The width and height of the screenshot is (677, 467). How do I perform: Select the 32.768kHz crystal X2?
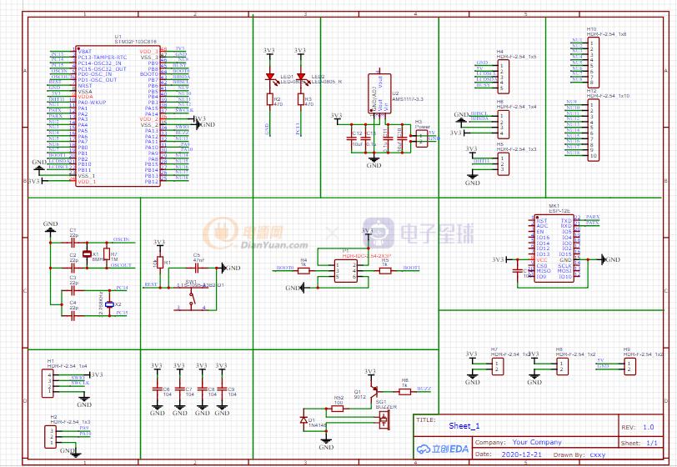pos(109,305)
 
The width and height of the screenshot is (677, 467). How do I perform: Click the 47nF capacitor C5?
pos(198,269)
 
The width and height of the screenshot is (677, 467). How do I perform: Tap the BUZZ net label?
pos(424,389)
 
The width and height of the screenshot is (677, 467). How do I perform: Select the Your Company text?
pos(537,442)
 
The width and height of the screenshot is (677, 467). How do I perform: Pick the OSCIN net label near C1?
pos(119,239)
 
